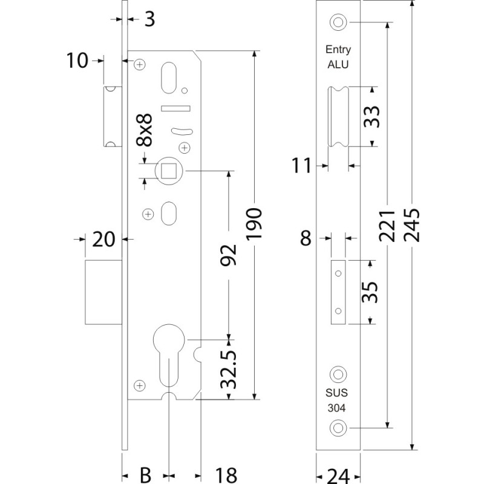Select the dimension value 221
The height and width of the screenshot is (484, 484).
coord(387,225)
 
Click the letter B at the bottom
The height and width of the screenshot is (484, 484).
coord(146,475)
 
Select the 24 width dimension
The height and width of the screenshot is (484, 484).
coord(338,475)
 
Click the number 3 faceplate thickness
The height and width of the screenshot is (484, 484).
coord(149,19)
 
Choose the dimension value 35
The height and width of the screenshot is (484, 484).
coord(371,292)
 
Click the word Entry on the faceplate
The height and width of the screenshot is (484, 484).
coord(338,50)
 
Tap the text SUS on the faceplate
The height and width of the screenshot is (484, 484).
coord(338,392)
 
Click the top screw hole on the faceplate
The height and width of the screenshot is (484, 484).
coord(337,22)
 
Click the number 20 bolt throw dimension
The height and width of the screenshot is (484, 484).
coord(103,240)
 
